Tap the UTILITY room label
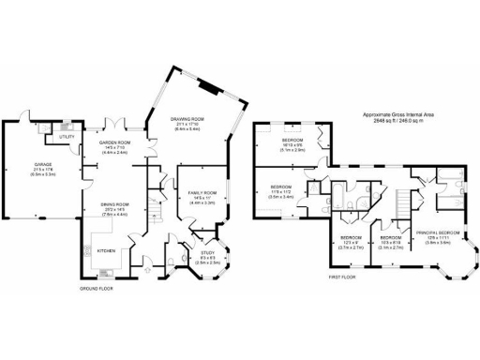(x=67, y=137)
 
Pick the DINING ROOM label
(x=114, y=203)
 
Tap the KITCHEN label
(x=106, y=250)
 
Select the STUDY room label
(x=208, y=251)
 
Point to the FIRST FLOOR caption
(x=342, y=278)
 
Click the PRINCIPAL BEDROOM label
(x=437, y=232)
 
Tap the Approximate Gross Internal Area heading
(x=399, y=114)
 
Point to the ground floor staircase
(x=157, y=214)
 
